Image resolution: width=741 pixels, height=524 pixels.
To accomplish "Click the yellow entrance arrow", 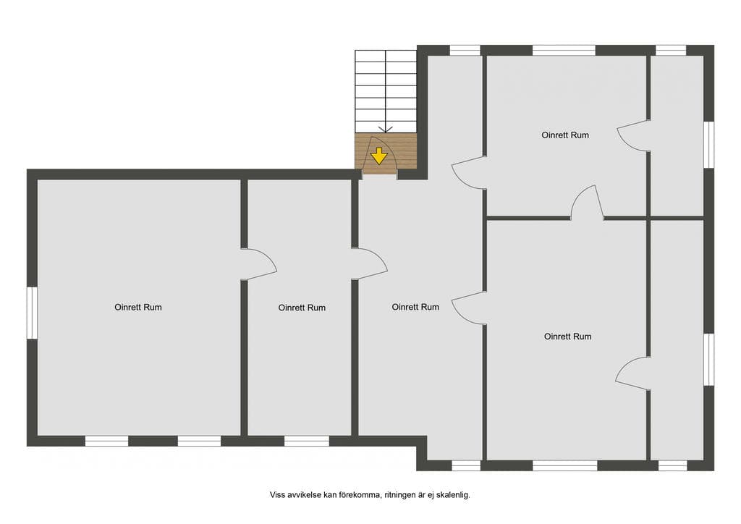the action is [379, 156].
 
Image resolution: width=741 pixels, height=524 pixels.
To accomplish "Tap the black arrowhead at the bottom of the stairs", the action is [386, 129].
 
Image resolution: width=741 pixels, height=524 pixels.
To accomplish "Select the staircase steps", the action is [386, 91].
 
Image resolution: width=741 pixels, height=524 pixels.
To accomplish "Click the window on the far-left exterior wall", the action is [32, 313].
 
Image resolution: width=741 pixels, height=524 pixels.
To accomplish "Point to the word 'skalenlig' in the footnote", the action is [452, 495].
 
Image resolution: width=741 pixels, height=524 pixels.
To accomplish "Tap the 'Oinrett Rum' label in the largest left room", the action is [138, 307].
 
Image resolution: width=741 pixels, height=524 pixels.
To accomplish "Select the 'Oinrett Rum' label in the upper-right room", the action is [565, 135].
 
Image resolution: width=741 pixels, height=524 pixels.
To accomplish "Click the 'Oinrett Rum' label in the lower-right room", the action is [567, 337].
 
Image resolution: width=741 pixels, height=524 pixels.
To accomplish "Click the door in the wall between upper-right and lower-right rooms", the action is [588, 202].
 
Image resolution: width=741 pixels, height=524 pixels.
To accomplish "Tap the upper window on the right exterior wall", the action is [709, 145].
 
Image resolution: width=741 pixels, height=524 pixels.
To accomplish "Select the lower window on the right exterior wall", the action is [709, 360].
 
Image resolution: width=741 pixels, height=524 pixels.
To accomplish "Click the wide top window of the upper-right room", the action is [564, 50].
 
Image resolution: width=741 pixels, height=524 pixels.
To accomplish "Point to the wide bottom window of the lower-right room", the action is [565, 466].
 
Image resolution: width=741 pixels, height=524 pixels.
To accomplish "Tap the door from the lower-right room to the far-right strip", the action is [631, 373].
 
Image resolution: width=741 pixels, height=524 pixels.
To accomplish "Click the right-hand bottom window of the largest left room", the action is [199, 441].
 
